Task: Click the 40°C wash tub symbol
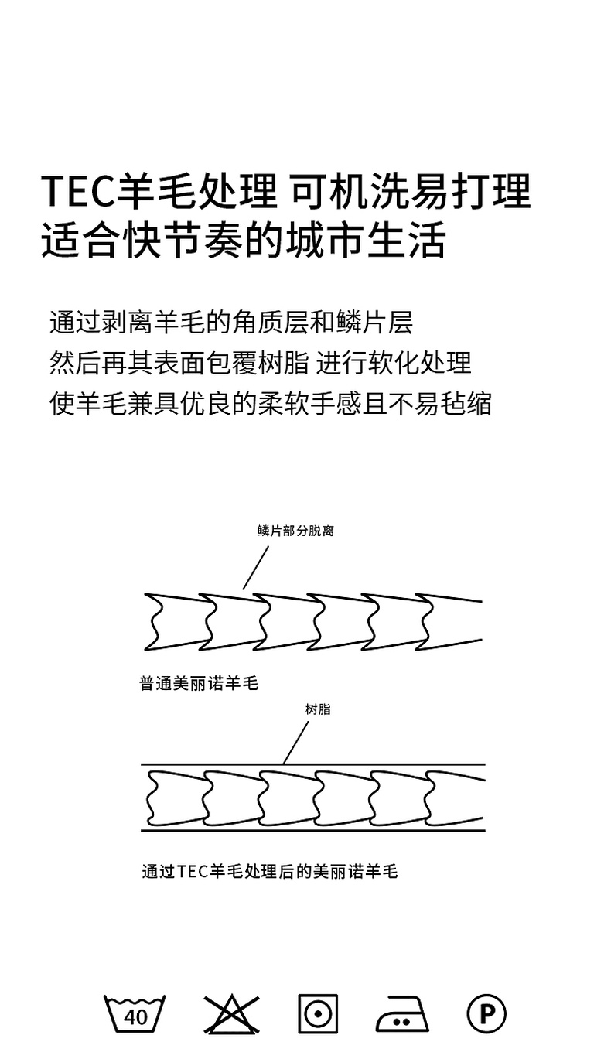(135, 1013)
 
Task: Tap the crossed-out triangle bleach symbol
(231, 1013)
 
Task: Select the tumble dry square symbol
(318, 1013)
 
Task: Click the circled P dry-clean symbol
(486, 1013)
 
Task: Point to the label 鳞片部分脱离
(295, 531)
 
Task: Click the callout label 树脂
(318, 709)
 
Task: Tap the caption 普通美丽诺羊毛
(198, 684)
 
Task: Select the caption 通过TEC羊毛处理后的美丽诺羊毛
(269, 871)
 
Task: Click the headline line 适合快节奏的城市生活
(243, 241)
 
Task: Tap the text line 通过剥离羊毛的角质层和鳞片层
(230, 322)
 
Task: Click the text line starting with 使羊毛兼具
(270, 403)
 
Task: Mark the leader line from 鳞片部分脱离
(256, 567)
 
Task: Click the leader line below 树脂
(296, 743)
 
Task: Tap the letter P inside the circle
(486, 1013)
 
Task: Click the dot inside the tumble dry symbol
(318, 1013)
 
